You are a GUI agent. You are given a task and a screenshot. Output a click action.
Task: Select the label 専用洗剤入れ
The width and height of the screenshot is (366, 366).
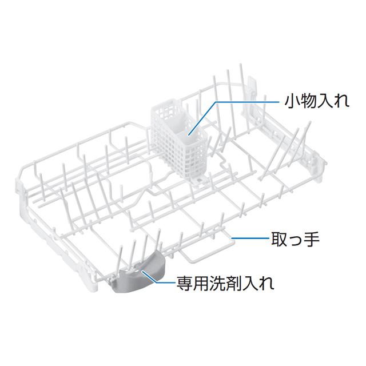[x=226, y=283]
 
